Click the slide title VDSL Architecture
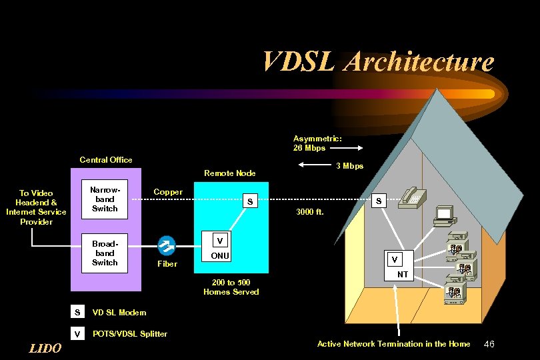378,61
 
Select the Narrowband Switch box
105,199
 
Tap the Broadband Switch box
105,253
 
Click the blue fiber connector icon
167,246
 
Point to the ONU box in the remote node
219,256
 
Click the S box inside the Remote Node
250,201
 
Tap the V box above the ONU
219,241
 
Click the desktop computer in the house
443,215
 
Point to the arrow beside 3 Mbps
313,165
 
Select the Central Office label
105,160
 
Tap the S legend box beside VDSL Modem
77,312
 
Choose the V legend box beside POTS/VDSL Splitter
77,333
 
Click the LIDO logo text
45,348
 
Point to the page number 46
489,344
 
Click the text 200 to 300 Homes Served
231,287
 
